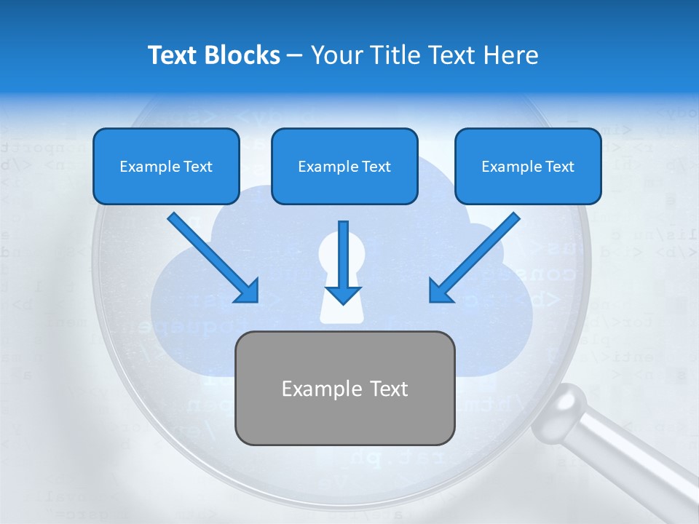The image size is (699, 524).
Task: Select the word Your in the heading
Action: pos(334,55)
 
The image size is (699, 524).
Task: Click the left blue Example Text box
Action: pos(166,166)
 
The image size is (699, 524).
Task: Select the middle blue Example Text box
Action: pos(344,166)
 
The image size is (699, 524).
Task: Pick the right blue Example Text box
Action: pos(528,166)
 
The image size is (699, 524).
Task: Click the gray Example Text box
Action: pos(345,388)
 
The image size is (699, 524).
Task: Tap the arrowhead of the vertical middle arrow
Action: pos(343,293)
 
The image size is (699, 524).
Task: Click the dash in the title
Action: pos(296,56)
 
